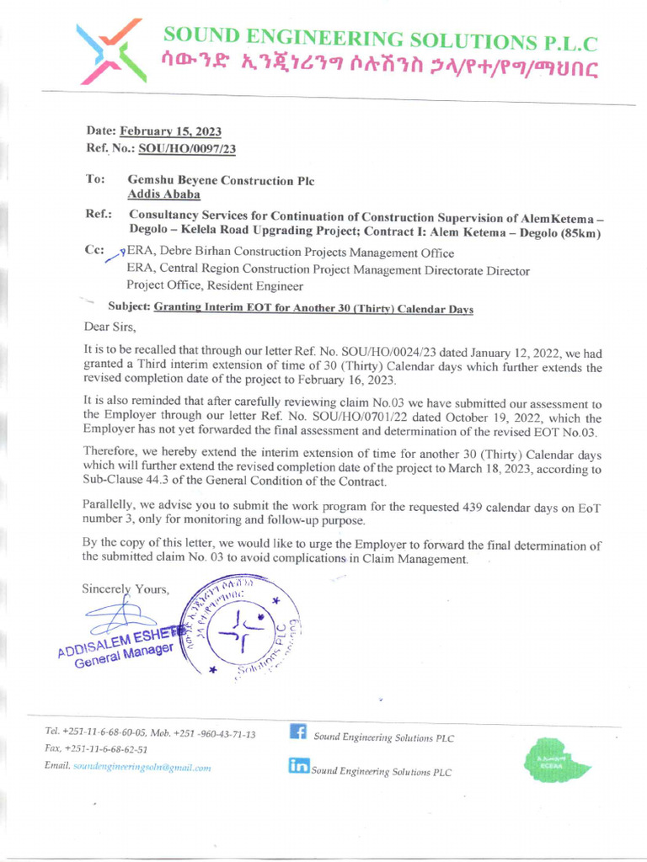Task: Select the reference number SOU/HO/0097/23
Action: (187, 148)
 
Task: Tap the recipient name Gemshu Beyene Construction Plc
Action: (221, 180)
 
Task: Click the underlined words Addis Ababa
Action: (163, 194)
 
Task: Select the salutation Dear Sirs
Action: (110, 326)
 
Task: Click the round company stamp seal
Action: (240, 628)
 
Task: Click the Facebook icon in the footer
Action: (297, 732)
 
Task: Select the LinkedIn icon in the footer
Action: (297, 765)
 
